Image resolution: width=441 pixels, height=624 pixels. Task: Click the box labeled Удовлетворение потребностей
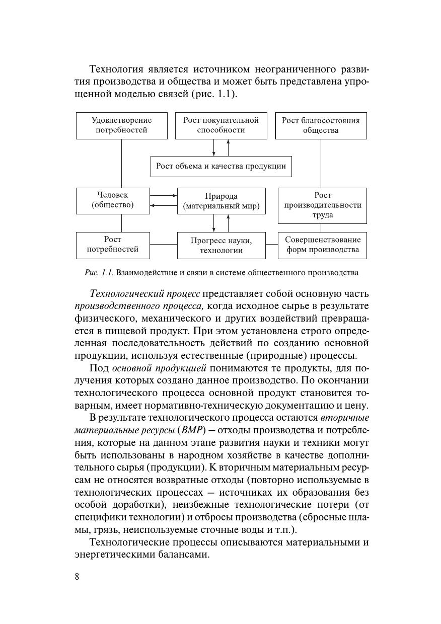121,125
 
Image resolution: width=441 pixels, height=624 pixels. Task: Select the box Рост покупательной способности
220,125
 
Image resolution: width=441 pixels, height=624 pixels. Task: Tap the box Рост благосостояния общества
321,125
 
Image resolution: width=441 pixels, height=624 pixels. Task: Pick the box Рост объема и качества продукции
221,166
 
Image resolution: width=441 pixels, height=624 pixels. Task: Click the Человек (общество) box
113,200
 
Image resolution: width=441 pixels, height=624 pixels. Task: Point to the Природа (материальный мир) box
221,201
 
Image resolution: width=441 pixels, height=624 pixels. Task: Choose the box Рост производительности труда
322,205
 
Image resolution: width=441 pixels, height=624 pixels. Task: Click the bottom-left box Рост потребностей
113,245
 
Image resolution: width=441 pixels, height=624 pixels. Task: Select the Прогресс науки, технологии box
221,246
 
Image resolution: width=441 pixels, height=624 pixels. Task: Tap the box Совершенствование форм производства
322,245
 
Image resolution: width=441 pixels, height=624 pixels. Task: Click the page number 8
77,577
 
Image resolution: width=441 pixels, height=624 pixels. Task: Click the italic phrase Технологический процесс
144,293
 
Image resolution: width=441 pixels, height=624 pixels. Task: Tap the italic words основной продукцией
159,368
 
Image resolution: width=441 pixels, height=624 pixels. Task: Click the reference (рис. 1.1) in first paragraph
211,94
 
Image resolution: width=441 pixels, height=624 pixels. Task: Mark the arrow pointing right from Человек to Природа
164,195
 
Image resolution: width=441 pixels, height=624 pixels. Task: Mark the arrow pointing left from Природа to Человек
164,205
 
